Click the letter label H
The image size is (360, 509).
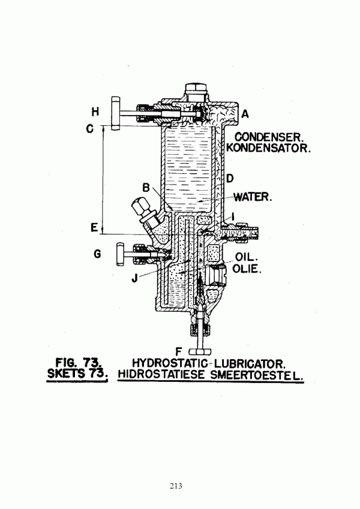pyautogui.click(x=95, y=112)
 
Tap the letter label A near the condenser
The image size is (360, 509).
pyautogui.click(x=245, y=114)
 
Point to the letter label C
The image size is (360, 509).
pyautogui.click(x=89, y=129)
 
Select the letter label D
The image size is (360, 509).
pyautogui.click(x=230, y=178)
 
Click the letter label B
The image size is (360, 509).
pyautogui.click(x=146, y=187)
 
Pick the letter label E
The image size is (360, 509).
pyautogui.click(x=94, y=228)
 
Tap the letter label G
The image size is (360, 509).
pyautogui.click(x=97, y=254)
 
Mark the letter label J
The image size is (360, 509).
pyautogui.click(x=134, y=278)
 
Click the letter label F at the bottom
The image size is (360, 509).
pyautogui.click(x=178, y=351)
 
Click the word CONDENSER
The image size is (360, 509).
pyautogui.click(x=269, y=137)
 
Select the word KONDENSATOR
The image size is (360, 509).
pyautogui.click(x=269, y=148)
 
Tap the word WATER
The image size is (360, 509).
pyautogui.click(x=253, y=197)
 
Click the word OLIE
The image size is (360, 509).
pyautogui.click(x=246, y=269)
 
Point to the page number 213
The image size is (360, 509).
pyautogui.click(x=176, y=486)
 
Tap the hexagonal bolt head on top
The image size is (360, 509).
pyautogui.click(x=196, y=88)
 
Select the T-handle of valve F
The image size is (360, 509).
pyautogui.click(x=199, y=351)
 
